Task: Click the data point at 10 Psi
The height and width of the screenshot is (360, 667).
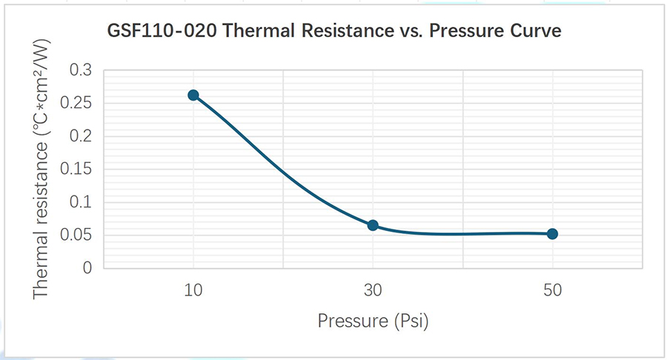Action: point(193,95)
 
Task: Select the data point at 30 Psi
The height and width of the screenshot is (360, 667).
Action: point(373,225)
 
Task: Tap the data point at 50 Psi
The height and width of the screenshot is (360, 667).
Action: point(552,234)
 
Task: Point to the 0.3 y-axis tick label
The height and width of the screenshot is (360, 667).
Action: point(81,70)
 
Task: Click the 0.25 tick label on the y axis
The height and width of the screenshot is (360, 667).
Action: point(76,102)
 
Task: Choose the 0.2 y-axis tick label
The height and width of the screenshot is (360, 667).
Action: point(81,136)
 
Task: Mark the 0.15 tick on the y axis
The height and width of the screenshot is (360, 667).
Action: point(76,169)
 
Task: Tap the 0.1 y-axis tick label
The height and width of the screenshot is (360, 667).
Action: point(81,201)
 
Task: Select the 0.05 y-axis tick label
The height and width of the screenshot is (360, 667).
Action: point(76,235)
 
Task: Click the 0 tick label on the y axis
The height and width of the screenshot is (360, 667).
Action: point(87,267)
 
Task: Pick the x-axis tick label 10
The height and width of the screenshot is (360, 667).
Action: point(193,290)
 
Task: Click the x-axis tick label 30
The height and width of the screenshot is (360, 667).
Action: point(373,290)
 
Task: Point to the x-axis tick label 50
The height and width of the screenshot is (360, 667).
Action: point(553,290)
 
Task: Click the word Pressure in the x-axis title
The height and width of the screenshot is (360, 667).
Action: point(353,321)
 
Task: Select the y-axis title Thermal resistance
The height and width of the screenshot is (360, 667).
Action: point(41,220)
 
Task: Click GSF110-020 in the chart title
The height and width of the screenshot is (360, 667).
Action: point(162,31)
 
